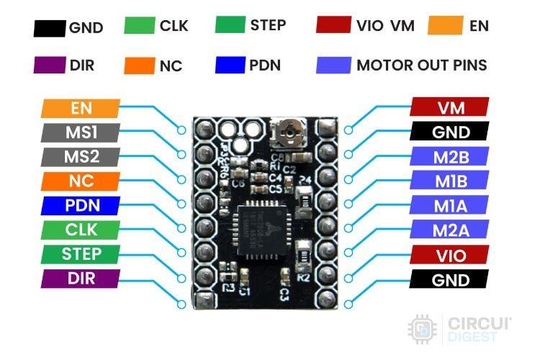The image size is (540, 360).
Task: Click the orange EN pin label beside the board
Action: [80, 108]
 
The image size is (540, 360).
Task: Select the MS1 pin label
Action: [80, 132]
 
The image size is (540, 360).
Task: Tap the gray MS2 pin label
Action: [80, 157]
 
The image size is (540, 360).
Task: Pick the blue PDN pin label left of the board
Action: [80, 206]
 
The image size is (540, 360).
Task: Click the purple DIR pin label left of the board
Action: [80, 279]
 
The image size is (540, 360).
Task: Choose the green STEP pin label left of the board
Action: [80, 254]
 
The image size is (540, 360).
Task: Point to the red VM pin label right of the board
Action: [450, 107]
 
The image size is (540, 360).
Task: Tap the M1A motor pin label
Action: [450, 206]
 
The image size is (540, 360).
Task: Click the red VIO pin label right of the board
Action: [450, 255]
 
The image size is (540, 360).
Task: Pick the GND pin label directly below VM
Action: [450, 132]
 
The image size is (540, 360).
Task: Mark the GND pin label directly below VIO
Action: [450, 279]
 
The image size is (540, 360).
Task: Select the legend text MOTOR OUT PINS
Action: [421, 65]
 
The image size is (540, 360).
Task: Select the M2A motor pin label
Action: [450, 230]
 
